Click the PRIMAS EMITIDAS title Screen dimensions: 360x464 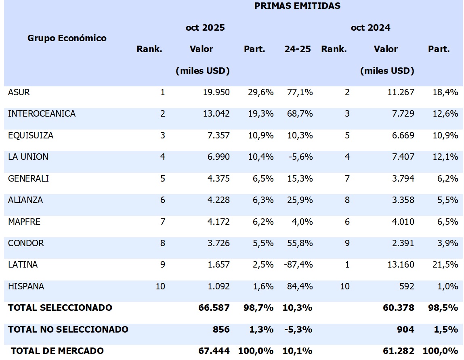click(x=297, y=6)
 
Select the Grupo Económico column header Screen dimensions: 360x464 click(x=67, y=38)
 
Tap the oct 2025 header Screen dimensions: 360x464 click(x=205, y=28)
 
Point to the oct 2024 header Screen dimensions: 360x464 click(x=370, y=28)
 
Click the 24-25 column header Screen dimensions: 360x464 click(x=298, y=49)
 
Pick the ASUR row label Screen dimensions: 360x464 click(x=19, y=92)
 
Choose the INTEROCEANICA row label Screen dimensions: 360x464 click(x=42, y=114)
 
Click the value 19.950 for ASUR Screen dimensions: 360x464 click(x=216, y=92)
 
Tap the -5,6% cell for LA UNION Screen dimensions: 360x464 click(x=301, y=157)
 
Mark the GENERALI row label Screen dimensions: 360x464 click(x=28, y=178)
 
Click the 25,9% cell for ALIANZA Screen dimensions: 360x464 click(x=299, y=200)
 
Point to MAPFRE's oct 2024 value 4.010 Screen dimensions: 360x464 click(x=403, y=222)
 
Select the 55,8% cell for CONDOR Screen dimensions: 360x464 click(x=299, y=243)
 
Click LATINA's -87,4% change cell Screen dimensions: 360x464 click(x=299, y=265)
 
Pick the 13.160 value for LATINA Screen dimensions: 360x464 click(x=401, y=265)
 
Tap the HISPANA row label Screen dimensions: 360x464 click(x=26, y=287)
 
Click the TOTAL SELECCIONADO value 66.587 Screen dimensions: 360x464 click(x=214, y=308)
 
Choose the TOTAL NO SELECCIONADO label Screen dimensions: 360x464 click(x=68, y=329)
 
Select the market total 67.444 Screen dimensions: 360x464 click(x=214, y=351)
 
